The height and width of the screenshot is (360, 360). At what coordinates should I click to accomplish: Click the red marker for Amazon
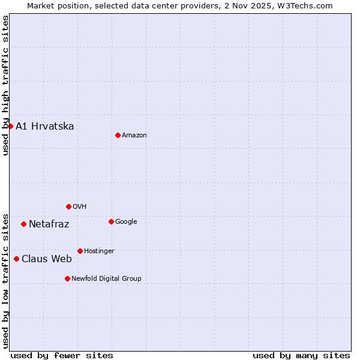coord(118,135)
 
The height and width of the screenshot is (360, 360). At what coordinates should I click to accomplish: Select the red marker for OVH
coord(68,206)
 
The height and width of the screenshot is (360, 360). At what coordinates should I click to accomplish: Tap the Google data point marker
coord(111,221)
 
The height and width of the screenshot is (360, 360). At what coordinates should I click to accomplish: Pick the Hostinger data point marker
coord(80,251)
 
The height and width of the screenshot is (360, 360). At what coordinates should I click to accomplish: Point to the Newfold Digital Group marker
coord(67,278)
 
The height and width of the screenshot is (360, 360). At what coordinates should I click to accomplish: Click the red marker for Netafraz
coord(23,224)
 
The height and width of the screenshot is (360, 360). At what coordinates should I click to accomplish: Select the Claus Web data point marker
coord(16,259)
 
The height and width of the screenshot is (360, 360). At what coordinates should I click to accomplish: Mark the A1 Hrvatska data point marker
coord(10,126)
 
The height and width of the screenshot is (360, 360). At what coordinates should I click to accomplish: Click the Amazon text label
coord(134,136)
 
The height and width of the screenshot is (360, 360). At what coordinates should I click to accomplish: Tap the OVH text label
coord(80,207)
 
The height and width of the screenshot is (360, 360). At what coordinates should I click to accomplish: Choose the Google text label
coord(126,222)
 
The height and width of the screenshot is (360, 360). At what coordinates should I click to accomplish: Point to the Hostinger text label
coord(99,251)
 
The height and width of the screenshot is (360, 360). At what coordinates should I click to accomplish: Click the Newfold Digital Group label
coord(106,279)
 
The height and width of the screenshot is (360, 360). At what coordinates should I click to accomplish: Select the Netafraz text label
coord(49,224)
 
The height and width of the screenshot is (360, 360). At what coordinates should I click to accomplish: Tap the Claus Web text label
coord(47,259)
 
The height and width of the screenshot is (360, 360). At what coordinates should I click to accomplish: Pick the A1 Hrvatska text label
coord(45,127)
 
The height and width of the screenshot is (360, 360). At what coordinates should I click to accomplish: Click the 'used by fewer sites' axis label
coord(62,355)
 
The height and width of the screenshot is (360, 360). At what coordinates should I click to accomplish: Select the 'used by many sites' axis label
coord(301,355)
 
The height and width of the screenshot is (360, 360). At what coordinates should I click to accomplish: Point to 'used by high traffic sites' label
coord(5,85)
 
